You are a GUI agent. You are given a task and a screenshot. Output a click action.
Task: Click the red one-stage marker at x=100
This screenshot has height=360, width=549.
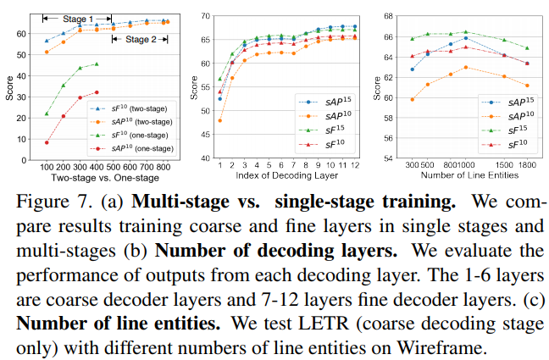tap(47, 142)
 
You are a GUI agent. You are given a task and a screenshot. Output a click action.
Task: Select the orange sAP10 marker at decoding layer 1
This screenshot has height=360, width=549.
tap(220, 120)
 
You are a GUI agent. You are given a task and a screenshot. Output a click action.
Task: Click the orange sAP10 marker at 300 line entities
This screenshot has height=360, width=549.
tap(413, 99)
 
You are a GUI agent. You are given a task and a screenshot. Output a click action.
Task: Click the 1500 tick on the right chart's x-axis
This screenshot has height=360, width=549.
tap(504, 166)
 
